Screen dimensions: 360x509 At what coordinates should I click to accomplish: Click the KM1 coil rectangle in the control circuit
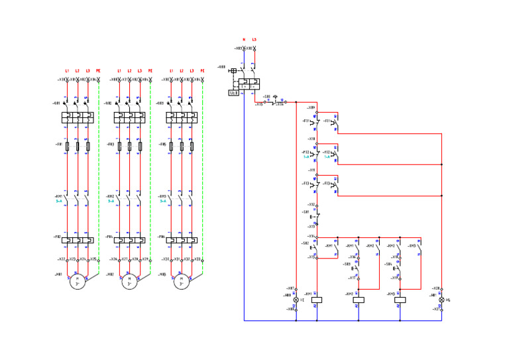point(317,299)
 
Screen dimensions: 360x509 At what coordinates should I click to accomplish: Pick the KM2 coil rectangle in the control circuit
point(359,299)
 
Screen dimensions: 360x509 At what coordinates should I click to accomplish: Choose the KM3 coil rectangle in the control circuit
point(400,299)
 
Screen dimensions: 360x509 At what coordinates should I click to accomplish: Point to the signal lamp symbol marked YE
point(296,300)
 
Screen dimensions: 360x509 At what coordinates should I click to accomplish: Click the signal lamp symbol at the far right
point(441,299)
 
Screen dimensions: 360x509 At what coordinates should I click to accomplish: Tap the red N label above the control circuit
point(243,40)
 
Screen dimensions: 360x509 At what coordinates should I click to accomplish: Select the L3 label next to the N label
point(254,40)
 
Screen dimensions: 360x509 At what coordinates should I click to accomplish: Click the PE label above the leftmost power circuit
point(98,71)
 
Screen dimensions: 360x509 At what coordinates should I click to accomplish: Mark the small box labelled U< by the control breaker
point(233,93)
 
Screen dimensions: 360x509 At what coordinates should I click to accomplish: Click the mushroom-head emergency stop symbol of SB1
point(275,96)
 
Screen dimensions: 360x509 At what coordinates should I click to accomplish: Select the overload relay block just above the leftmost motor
point(78,239)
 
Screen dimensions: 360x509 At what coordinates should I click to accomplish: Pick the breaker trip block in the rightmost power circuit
point(182,117)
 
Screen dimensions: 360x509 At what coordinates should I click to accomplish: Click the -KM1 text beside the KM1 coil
point(308,293)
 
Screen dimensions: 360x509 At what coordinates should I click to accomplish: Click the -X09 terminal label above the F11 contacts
point(311,107)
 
